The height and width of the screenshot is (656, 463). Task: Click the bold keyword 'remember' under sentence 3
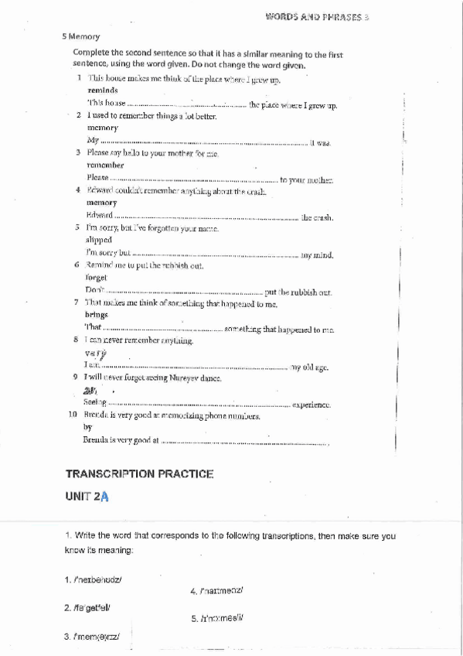105,166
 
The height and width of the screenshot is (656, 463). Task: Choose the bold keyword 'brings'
97,316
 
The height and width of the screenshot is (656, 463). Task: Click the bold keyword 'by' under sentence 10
87,427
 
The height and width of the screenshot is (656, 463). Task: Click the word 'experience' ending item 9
312,405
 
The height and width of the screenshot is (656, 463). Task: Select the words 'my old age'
312,367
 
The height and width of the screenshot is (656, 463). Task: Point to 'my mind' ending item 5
317,254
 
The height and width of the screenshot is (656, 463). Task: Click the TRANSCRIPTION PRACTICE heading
139,473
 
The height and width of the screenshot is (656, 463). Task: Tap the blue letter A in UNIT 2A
104,498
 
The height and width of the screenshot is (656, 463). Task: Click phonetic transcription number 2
96,608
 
